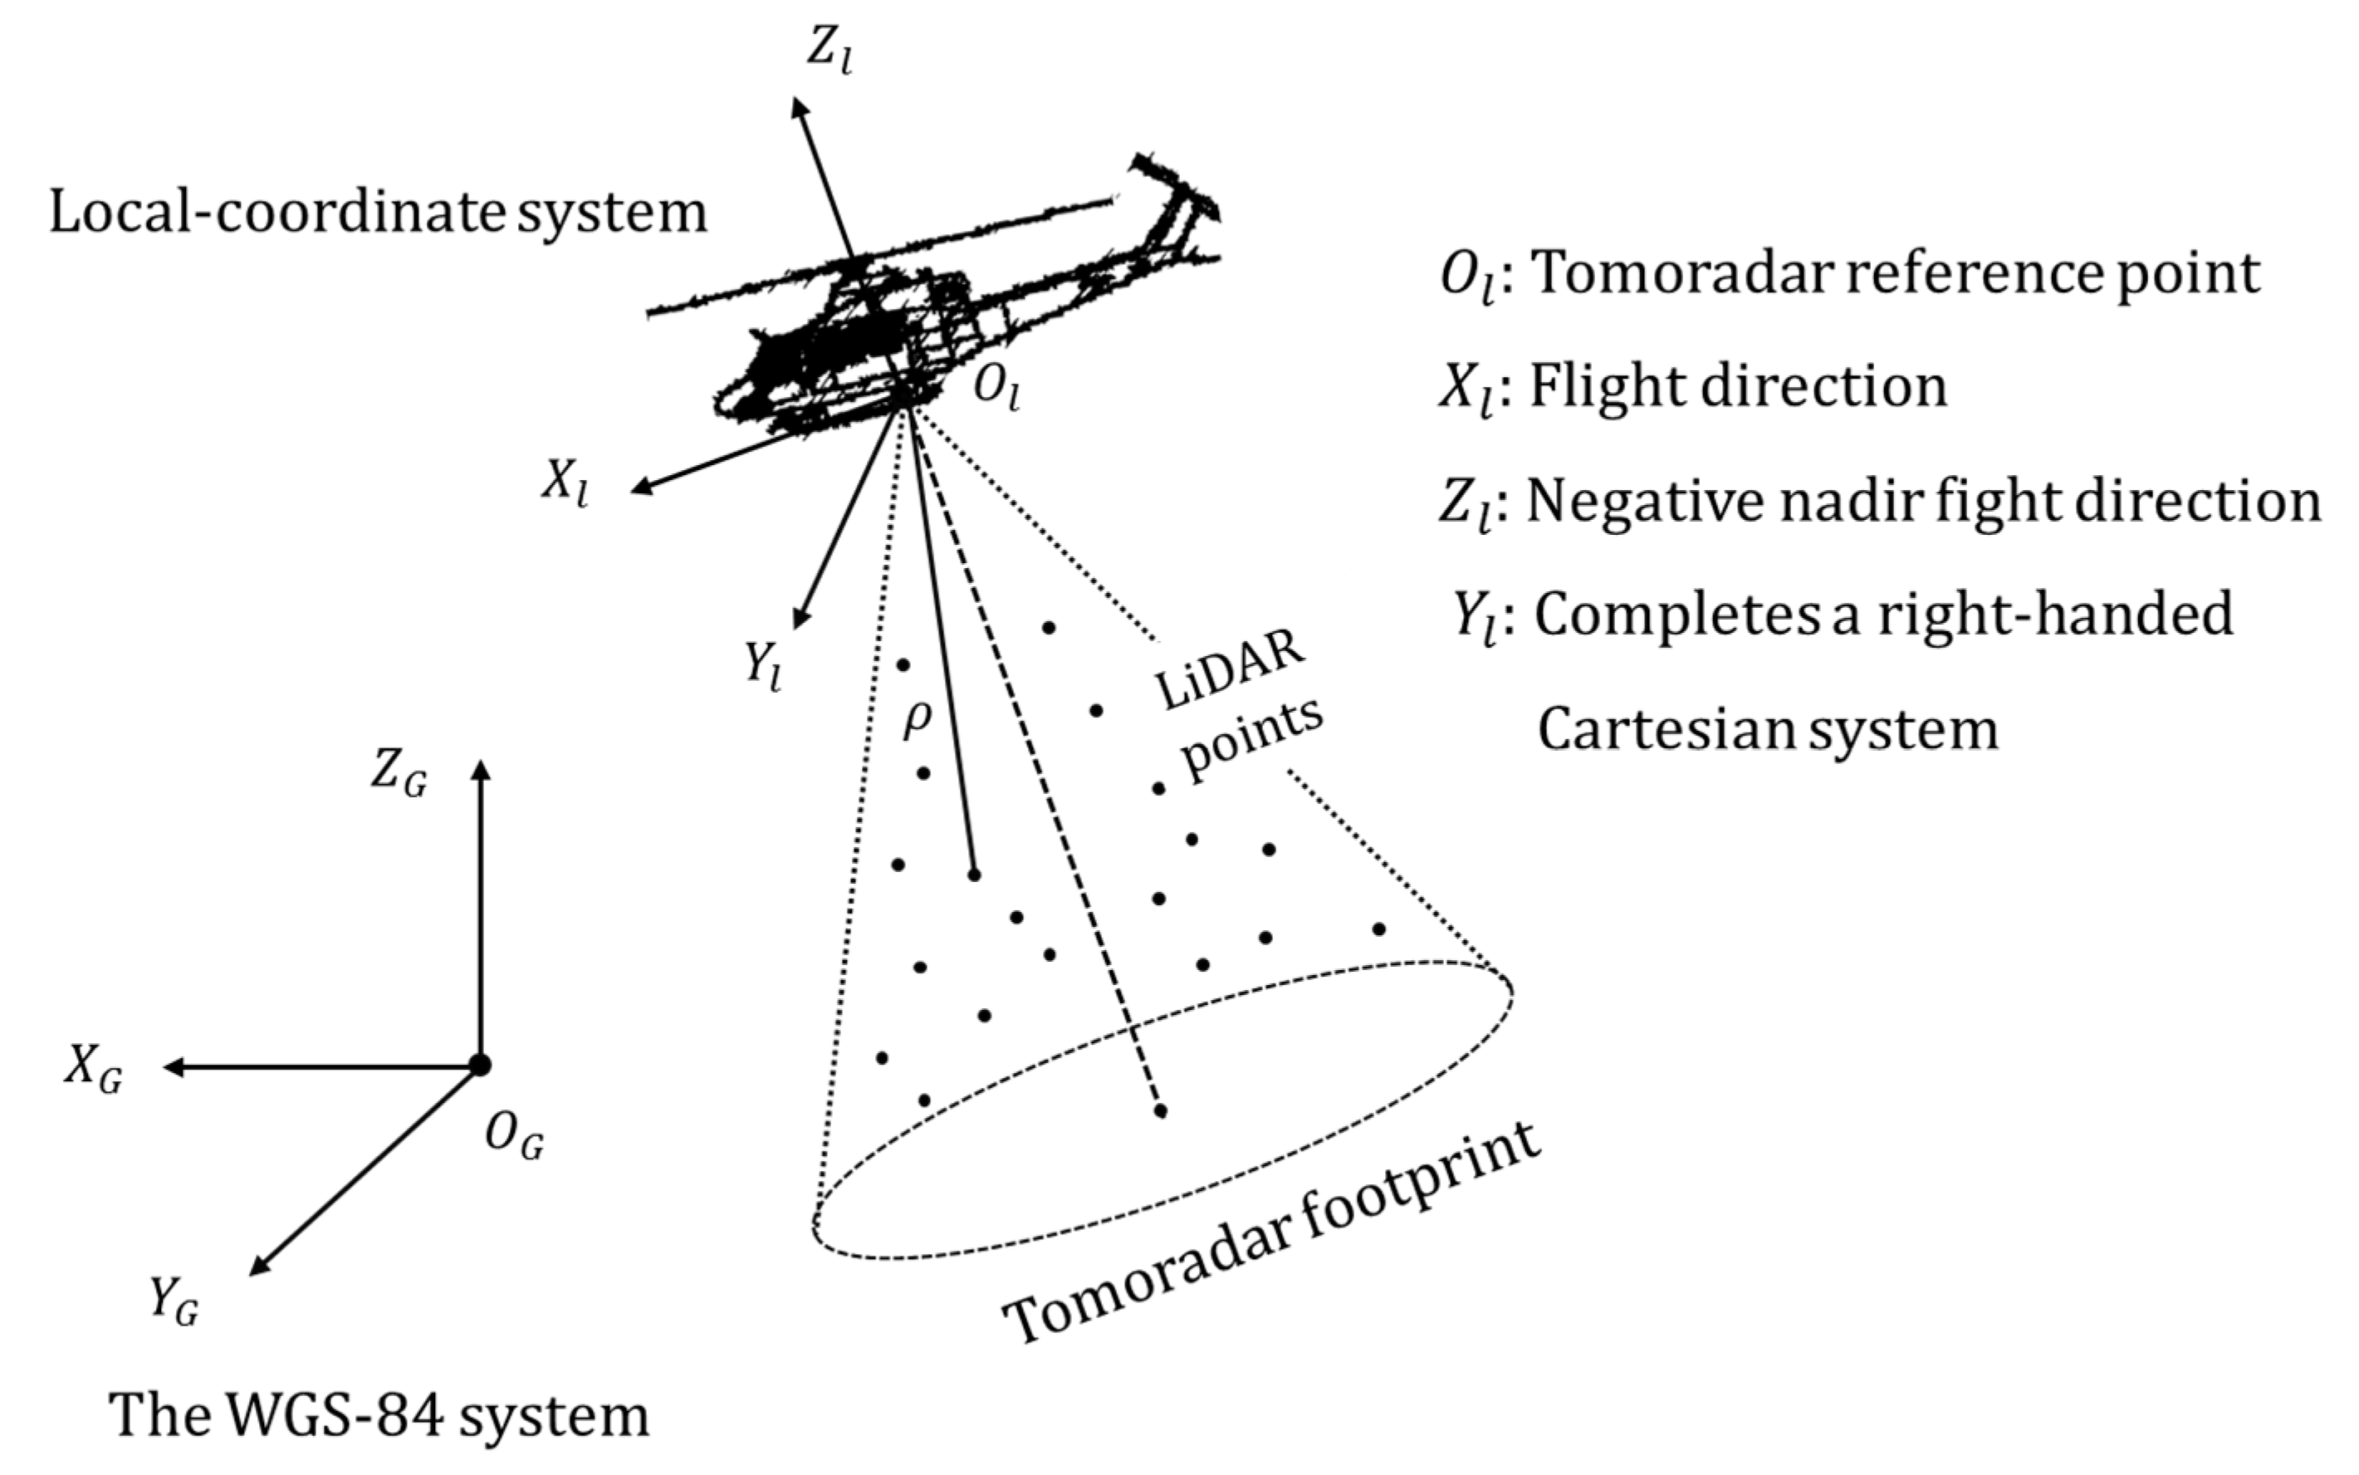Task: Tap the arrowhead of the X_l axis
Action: pyautogui.click(x=639, y=488)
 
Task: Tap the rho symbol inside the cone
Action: pyautogui.click(x=917, y=720)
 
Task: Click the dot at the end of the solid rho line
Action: pyautogui.click(x=973, y=875)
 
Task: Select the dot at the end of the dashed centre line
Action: pyautogui.click(x=1161, y=1111)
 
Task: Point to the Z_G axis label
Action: pyautogui.click(x=398, y=777)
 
